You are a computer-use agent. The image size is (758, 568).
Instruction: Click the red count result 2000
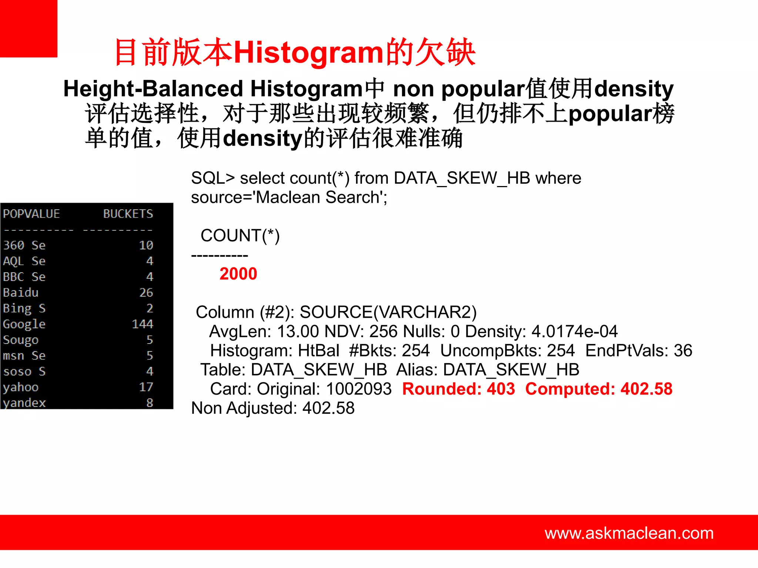238,274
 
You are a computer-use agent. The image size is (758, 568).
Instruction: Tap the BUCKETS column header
128,214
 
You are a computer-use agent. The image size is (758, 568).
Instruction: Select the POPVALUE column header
31,214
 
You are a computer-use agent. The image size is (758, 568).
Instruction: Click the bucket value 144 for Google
142,324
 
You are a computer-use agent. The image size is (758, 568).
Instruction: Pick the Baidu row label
21,293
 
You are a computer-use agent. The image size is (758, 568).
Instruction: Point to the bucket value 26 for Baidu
146,293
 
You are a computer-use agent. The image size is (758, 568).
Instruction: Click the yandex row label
24,402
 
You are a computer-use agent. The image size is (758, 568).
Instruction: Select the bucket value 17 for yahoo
146,387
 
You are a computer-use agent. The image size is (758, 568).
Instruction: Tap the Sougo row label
21,340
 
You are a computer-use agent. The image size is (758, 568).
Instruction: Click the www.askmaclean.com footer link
629,533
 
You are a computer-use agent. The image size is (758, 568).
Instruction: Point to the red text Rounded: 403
459,389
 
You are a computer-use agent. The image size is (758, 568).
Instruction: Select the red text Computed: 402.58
598,389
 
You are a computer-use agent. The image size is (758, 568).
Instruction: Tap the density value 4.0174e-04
574,331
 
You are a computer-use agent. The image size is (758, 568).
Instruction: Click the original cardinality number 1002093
359,389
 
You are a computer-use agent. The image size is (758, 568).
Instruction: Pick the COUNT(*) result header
240,236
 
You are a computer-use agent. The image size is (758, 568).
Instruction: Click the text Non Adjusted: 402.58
273,408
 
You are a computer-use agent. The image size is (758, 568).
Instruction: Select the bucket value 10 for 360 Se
146,245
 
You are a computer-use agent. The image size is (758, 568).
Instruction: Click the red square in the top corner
28,28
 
